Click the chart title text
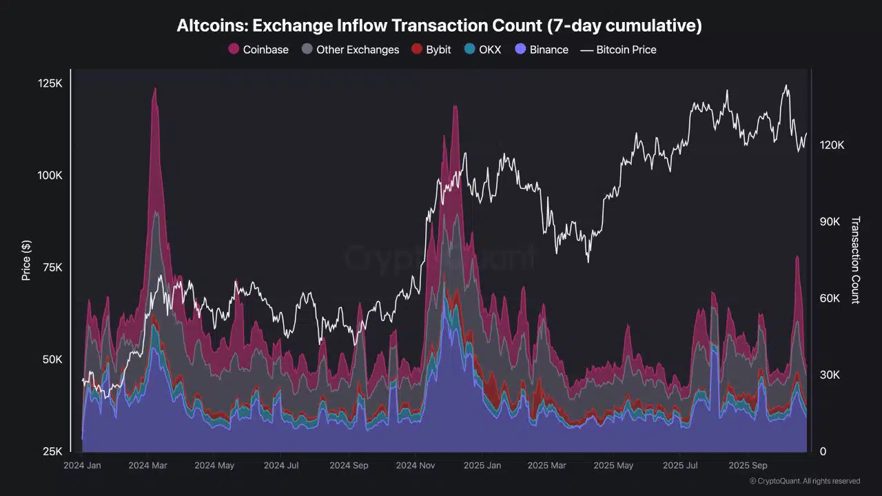[439, 25]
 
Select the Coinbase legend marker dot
[234, 49]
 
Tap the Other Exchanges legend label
[358, 50]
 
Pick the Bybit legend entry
[431, 50]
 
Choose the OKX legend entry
[483, 50]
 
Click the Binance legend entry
[542, 50]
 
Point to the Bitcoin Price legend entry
[619, 50]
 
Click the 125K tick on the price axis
[50, 83]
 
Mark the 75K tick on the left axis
[52, 268]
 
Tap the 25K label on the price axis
[52, 451]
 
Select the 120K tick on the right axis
[832, 145]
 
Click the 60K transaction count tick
[830, 298]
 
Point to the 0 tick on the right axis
[823, 451]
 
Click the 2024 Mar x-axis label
[147, 465]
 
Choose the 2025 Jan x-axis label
[482, 465]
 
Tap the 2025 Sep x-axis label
[748, 465]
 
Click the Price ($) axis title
[26, 260]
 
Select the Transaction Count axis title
[856, 260]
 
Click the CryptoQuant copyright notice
[805, 481]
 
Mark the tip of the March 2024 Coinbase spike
[155, 87]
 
